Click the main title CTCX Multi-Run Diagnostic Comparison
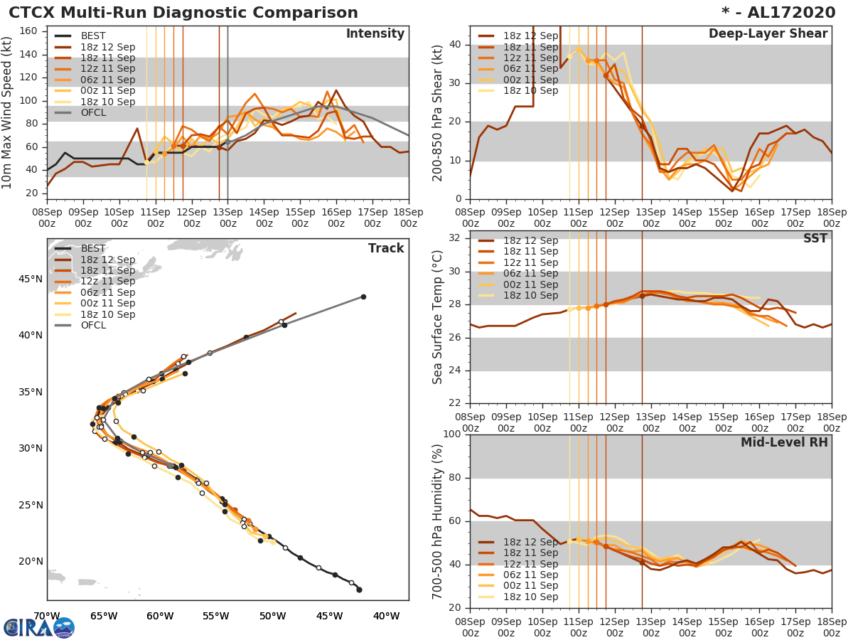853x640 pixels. point(183,13)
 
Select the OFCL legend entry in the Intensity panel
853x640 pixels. point(93,113)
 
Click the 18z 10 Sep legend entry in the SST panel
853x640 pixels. point(530,295)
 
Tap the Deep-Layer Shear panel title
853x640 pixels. point(768,34)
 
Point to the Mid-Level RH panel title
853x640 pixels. point(784,442)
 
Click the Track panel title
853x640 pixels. point(385,248)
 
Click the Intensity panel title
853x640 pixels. point(375,34)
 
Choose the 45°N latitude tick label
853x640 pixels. point(29,279)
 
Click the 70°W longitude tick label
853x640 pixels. point(47,616)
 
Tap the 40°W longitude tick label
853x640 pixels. point(386,616)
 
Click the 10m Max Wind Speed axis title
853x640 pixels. point(8,112)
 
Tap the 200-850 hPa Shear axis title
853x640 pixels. point(438,112)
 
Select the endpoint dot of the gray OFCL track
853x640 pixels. point(363,297)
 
